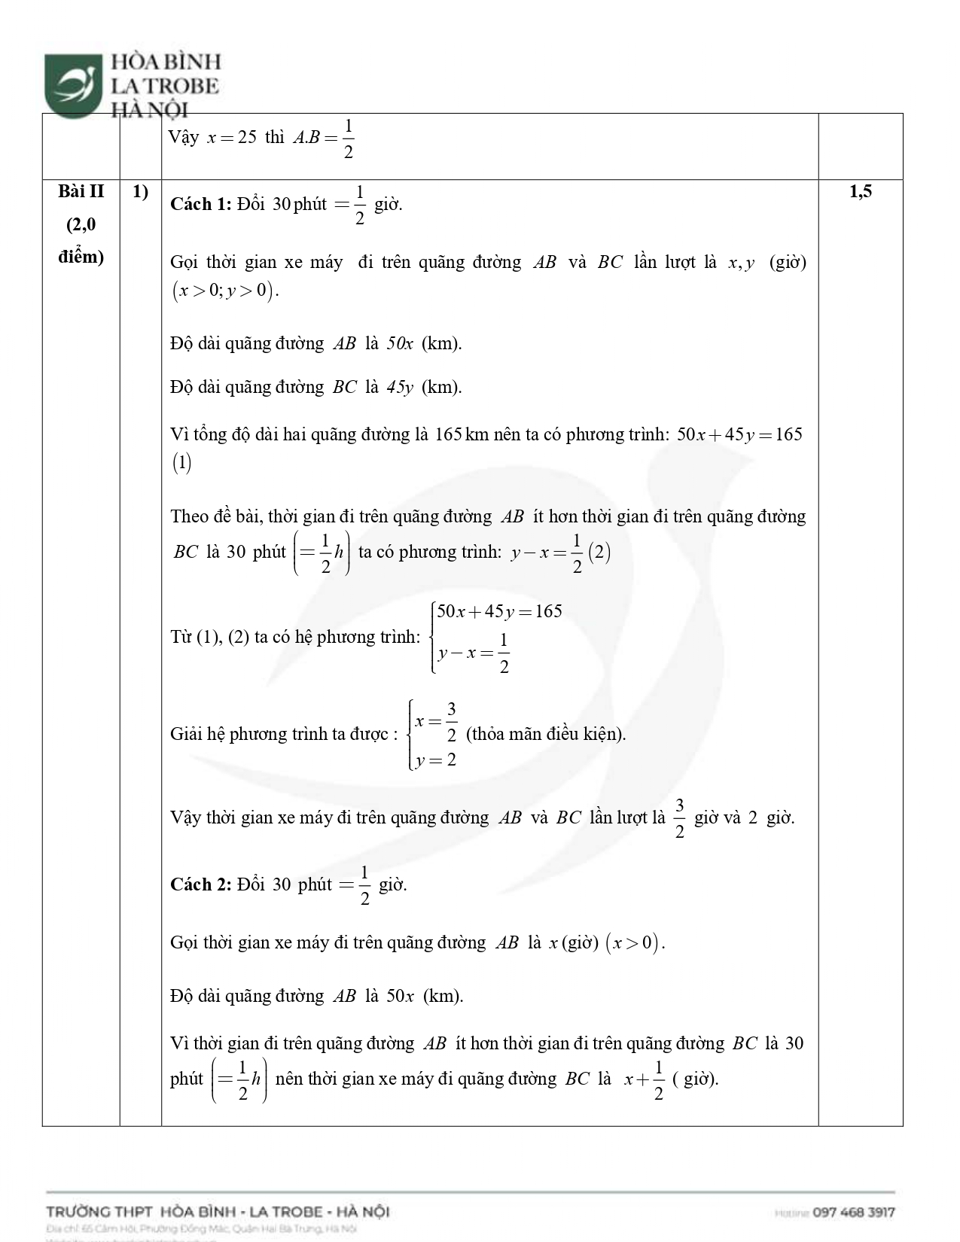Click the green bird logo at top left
point(73,84)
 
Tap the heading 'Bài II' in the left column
point(81,192)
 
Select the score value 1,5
point(860,192)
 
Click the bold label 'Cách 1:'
point(200,204)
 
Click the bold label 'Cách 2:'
point(200,884)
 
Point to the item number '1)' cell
point(140,192)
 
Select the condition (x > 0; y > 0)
point(224,291)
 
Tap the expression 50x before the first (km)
point(400,344)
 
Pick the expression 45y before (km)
point(400,388)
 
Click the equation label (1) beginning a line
point(181,463)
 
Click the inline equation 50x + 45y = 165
point(739,434)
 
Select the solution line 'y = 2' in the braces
point(436,760)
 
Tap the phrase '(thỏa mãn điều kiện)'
point(546,734)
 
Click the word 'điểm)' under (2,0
point(81,257)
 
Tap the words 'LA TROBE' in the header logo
point(165,87)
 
